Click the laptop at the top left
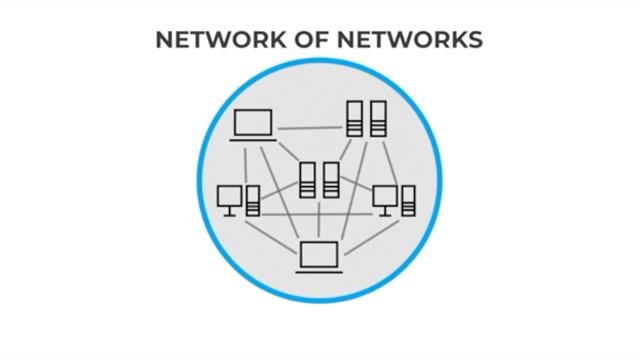[253, 126]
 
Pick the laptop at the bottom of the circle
[320, 258]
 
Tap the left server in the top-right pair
[354, 119]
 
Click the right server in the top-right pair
[377, 119]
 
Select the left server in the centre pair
[308, 180]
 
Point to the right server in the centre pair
[331, 180]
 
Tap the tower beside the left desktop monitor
[253, 200]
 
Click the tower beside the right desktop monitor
[408, 200]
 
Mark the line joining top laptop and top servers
[310, 128]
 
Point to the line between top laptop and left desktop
[244, 163]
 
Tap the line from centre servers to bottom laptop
[319, 220]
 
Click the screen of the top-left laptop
[253, 122]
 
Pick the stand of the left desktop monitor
[230, 211]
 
